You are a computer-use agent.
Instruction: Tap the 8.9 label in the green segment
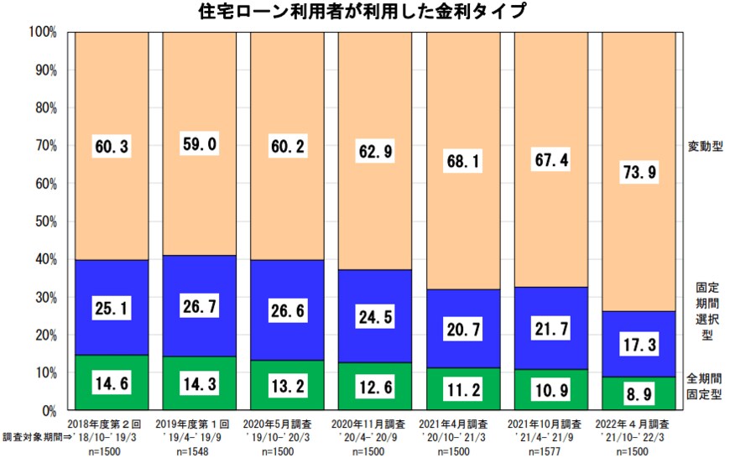638,393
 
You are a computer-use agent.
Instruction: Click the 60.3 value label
112,148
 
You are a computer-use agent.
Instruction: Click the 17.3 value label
638,344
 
